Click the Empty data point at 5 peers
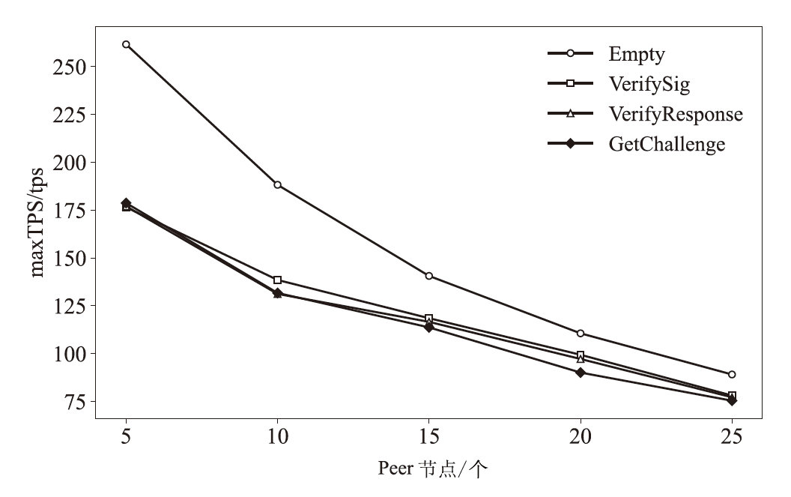point(126,44)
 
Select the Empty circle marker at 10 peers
point(278,184)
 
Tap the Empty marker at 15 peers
point(429,276)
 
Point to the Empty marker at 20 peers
point(581,333)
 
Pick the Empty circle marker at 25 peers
point(732,374)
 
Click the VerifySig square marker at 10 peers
point(278,280)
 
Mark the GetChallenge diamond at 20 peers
point(581,372)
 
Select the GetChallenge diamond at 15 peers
point(429,327)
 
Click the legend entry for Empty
point(637,54)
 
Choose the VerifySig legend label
point(649,83)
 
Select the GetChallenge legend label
point(667,143)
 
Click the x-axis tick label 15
point(429,436)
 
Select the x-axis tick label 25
point(732,436)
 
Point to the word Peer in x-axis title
point(394,470)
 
